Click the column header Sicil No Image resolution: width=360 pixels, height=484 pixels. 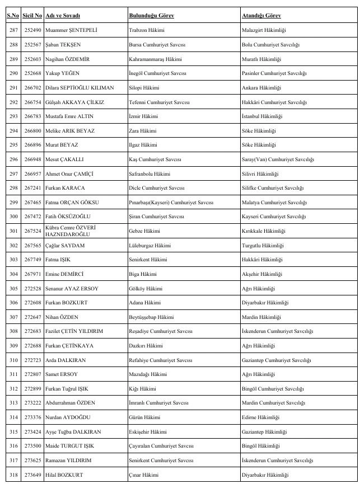(32, 16)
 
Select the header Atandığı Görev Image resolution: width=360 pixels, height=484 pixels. (261, 16)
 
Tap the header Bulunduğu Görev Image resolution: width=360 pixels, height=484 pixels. (151, 16)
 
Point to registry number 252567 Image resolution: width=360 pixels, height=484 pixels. (32, 44)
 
